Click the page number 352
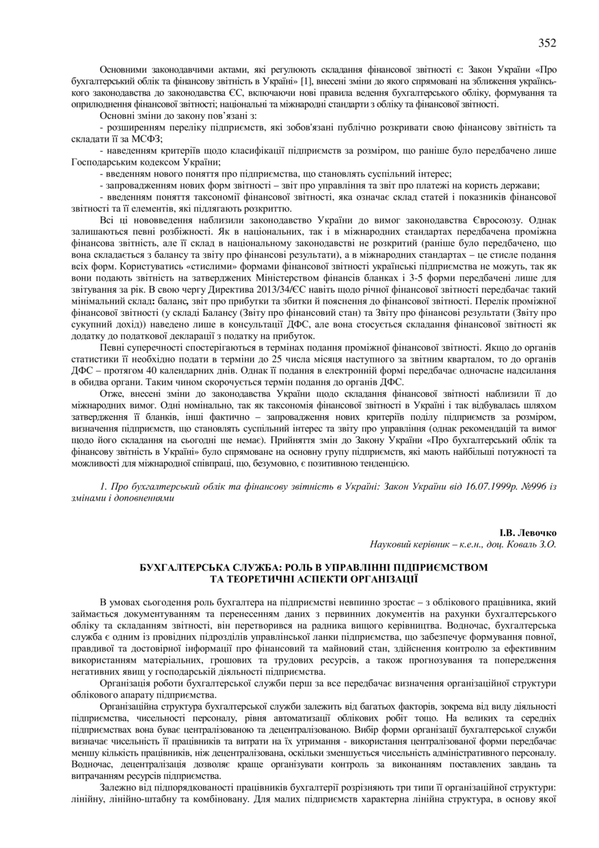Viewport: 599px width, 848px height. (x=546, y=43)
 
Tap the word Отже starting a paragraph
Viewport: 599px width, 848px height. (x=111, y=395)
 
